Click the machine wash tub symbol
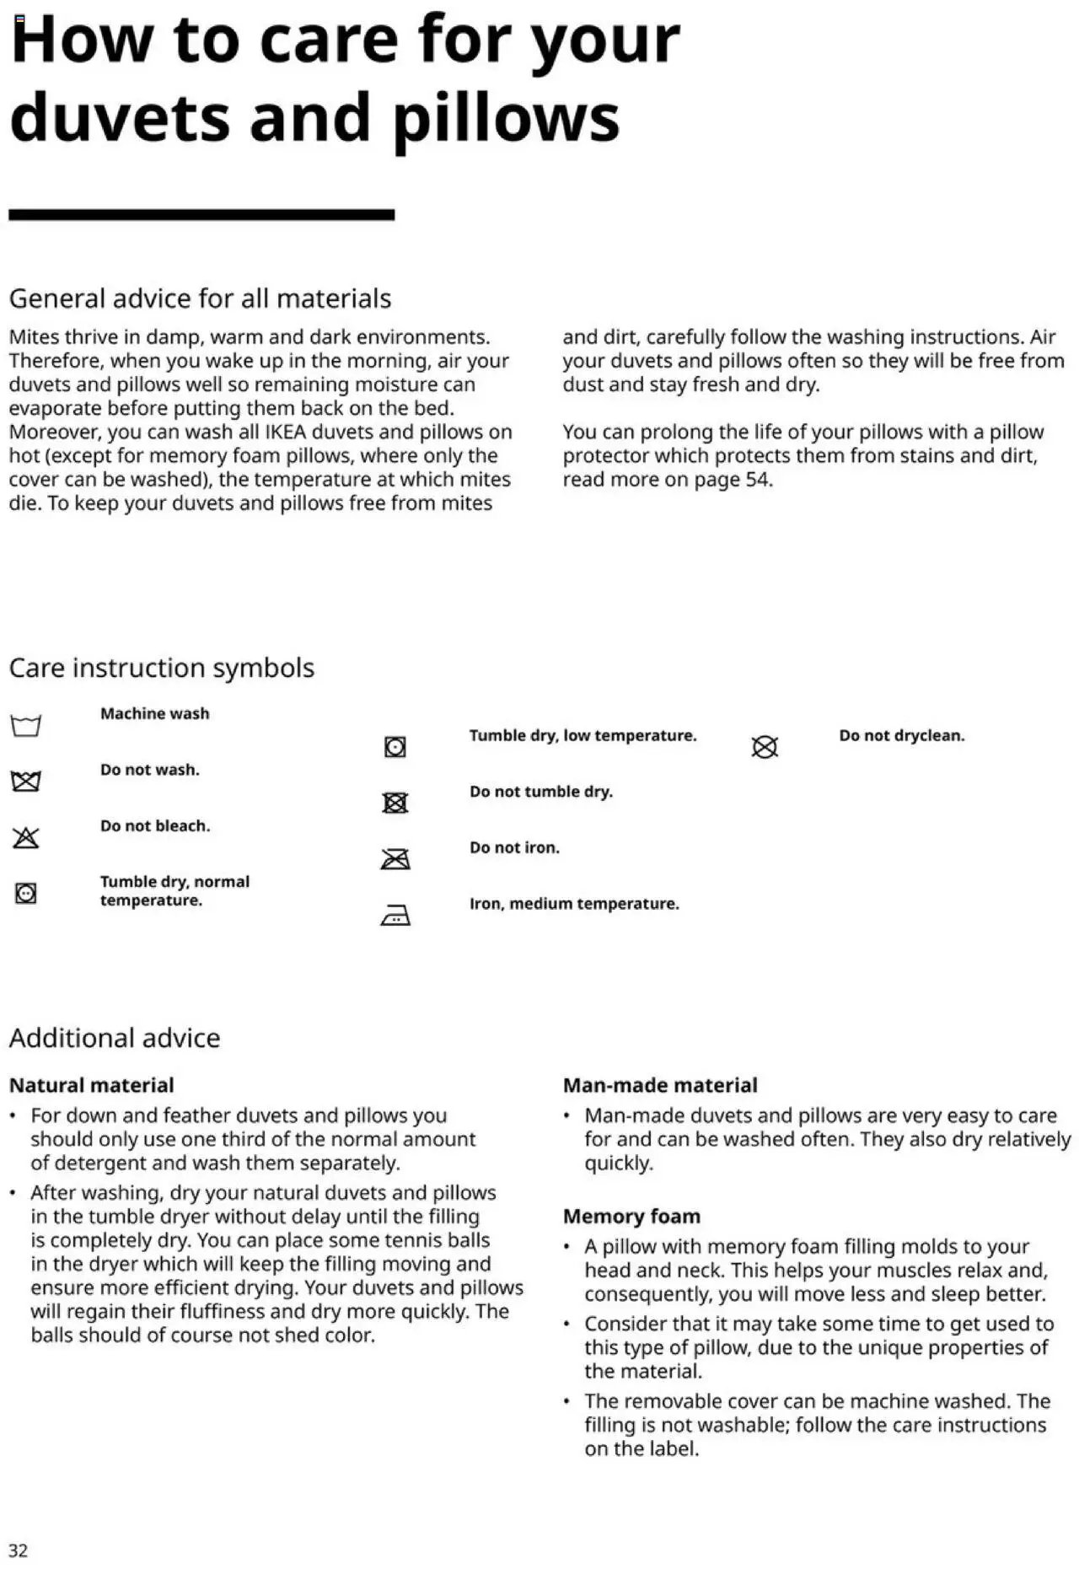[26, 725]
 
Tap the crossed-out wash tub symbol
[26, 782]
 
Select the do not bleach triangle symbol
[26, 837]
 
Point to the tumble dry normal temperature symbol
[26, 893]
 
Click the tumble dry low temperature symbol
[395, 747]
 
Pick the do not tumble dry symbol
[395, 803]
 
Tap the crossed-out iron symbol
[395, 859]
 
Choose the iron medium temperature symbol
[395, 915]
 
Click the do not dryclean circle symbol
[765, 747]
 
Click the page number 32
[19, 1550]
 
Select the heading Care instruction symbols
[161, 668]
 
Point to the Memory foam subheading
[631, 1216]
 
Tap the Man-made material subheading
[660, 1085]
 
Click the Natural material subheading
[91, 1085]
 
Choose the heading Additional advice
[115, 1038]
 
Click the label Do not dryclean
[901, 735]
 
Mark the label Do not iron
[514, 847]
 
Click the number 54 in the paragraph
[756, 480]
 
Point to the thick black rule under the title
[201, 215]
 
